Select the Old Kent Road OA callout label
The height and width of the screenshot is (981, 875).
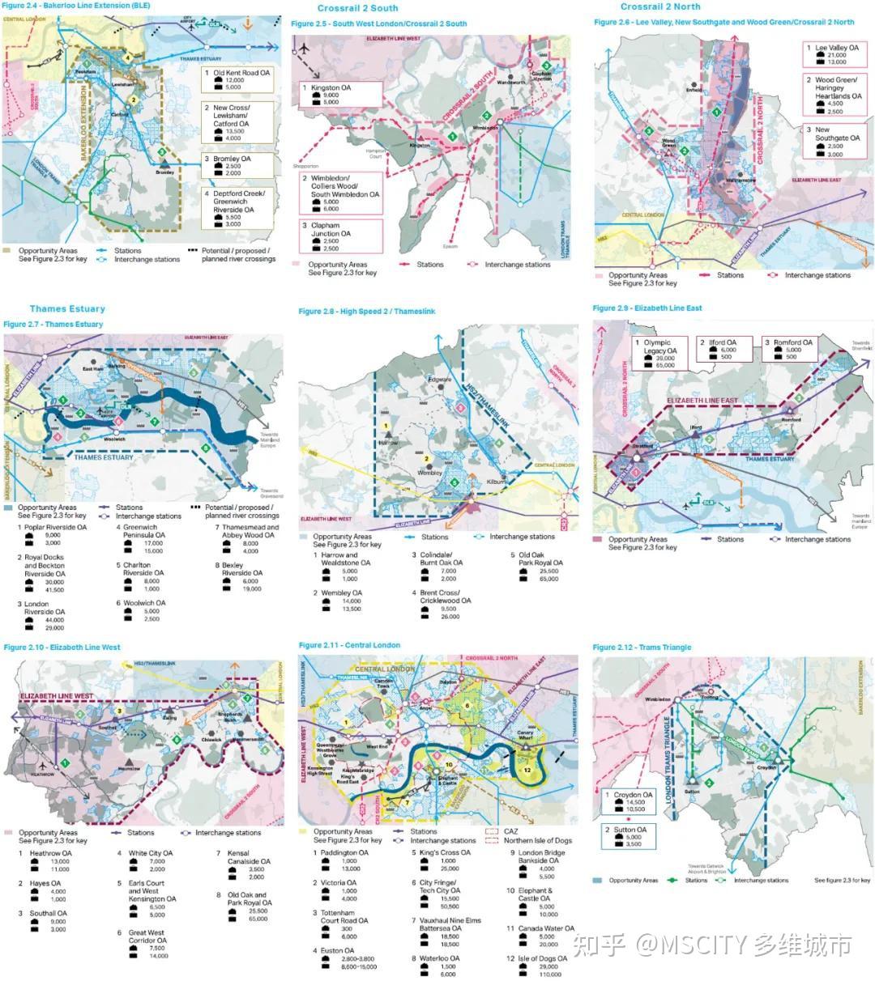point(241,73)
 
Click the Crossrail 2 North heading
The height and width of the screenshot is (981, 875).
point(660,6)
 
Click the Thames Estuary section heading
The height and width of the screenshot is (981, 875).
point(67,308)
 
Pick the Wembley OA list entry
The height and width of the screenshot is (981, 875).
point(341,593)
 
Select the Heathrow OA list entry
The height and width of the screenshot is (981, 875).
point(50,853)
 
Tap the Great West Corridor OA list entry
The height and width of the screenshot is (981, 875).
point(147,936)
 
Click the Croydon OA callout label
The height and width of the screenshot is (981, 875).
point(632,795)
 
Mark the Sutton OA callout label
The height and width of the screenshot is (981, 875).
point(630,830)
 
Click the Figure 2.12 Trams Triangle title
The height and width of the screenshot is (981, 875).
point(642,648)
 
